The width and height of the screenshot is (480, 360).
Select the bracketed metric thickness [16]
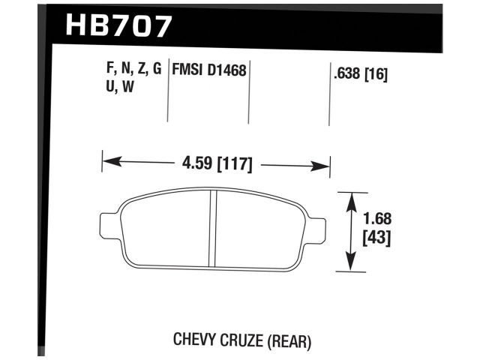pos(378,73)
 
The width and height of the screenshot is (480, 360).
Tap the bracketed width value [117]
pos(232,162)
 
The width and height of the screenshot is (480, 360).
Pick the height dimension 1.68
pos(379,220)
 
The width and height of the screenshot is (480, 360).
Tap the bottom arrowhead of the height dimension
pos(349,265)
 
